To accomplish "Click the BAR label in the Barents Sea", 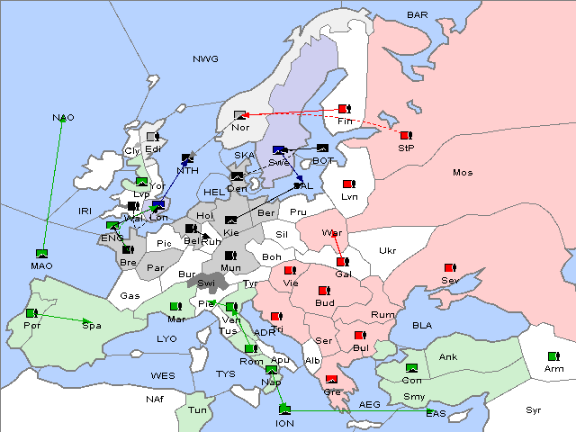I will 418,15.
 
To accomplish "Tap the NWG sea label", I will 205,59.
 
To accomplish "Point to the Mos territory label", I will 463,172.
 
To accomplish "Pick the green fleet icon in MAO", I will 41,254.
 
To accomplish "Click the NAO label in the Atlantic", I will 63,118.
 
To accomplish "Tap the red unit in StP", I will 406,135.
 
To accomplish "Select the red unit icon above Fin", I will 343,108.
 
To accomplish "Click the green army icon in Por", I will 31,313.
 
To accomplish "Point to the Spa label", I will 92,325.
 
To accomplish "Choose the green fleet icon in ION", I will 284,410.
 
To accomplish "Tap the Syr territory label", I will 534,409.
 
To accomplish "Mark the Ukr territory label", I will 387,250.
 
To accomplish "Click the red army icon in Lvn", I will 348,184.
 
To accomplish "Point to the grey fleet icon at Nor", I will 239,114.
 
